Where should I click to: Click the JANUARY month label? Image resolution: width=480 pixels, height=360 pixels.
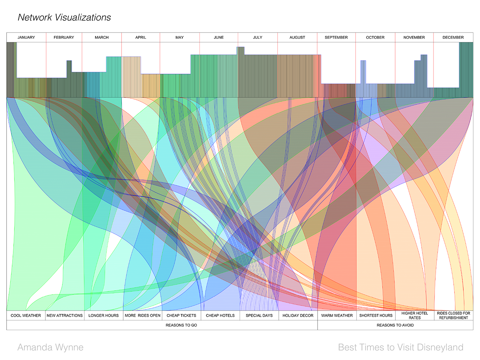(x=26, y=37)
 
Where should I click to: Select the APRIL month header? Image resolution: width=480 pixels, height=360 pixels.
(x=141, y=37)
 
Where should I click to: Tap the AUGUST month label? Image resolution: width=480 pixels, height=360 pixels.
(x=297, y=37)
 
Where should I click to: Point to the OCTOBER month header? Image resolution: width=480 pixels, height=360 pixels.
(x=375, y=37)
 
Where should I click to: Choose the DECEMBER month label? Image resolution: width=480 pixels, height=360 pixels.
(x=453, y=37)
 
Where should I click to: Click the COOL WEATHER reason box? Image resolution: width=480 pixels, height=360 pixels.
(x=26, y=316)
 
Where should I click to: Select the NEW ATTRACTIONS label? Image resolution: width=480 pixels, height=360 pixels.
(x=65, y=316)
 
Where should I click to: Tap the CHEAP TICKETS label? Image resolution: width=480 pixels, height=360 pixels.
(x=181, y=316)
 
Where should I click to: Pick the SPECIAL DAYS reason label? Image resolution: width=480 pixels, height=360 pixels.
(x=259, y=316)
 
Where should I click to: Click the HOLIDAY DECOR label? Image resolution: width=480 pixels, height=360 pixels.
(x=298, y=316)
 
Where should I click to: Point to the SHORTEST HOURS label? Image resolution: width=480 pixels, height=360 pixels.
(x=376, y=316)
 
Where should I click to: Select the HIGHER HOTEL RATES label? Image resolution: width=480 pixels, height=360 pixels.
(x=415, y=315)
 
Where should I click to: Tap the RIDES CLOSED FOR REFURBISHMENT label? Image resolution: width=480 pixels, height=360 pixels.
(x=453, y=315)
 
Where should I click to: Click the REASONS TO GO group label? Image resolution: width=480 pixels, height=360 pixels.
(x=181, y=325)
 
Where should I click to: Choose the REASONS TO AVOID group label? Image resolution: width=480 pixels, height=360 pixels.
(x=395, y=325)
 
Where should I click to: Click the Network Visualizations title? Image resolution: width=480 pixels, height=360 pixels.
(x=64, y=17)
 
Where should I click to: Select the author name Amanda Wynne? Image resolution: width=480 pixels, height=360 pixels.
(x=50, y=347)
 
